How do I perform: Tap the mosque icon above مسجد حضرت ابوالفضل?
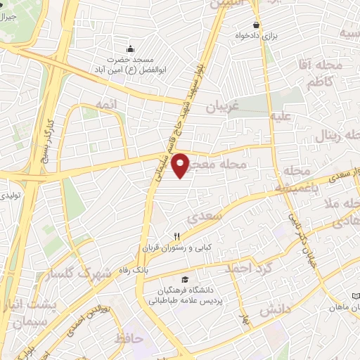coord(129,49)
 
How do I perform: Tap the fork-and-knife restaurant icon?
coord(177,237)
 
